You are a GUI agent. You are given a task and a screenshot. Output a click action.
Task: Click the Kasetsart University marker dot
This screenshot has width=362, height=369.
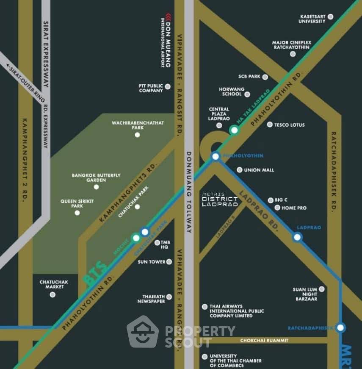(x=331, y=17)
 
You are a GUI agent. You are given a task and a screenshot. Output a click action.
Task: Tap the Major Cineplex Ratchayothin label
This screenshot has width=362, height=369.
(x=292, y=45)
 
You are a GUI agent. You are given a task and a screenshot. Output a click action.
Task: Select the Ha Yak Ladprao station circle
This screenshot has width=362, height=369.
(x=234, y=130)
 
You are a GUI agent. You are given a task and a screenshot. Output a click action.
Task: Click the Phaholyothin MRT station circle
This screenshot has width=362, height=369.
(x=216, y=157)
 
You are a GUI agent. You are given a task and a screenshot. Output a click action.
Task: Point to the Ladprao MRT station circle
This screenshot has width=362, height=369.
(x=297, y=237)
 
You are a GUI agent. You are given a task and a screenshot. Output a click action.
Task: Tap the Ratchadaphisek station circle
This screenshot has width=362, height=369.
(x=340, y=327)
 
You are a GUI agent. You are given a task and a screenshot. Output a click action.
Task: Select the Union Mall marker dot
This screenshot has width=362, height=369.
(x=239, y=170)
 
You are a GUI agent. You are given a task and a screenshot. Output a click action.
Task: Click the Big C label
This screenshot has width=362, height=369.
(x=281, y=200)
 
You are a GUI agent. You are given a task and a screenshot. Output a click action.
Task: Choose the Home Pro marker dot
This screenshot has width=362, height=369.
(x=277, y=208)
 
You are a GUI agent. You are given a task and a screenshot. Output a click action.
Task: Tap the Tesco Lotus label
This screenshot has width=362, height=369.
(x=290, y=125)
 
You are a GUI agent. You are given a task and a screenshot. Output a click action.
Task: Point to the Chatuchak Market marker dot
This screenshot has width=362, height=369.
(x=53, y=294)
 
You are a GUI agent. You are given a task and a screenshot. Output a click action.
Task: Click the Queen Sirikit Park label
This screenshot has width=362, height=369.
(x=71, y=204)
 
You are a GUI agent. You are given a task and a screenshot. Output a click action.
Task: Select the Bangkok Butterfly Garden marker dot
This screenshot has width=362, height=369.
(x=96, y=187)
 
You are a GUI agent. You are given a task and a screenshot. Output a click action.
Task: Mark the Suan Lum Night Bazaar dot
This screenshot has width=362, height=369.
(x=322, y=289)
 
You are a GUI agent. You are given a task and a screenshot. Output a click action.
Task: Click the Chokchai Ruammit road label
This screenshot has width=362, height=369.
(x=264, y=340)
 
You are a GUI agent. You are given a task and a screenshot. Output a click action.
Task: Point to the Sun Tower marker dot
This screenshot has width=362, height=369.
(x=169, y=262)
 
